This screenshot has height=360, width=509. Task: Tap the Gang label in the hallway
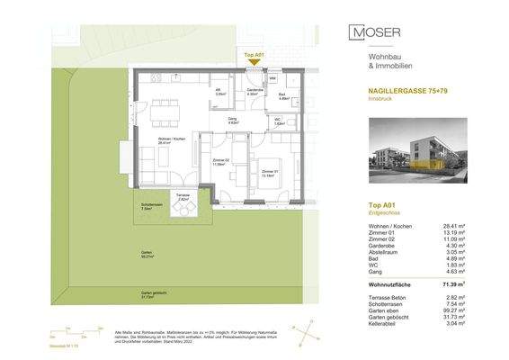pos(231,121)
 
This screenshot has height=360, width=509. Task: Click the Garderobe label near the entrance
pos(254,92)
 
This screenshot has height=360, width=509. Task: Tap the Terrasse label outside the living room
pos(183,198)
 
